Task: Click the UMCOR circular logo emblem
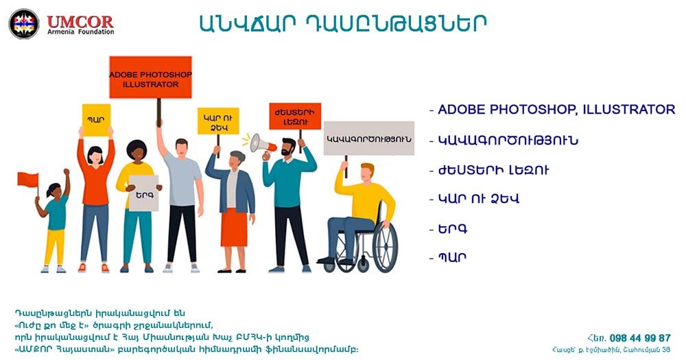click(24, 24)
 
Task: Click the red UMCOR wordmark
click(80, 21)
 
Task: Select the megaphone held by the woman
click(260, 143)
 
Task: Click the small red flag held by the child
click(28, 180)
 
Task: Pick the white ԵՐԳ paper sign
click(143, 193)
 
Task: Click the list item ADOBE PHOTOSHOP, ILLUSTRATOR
click(556, 110)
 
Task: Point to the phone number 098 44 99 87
click(639, 338)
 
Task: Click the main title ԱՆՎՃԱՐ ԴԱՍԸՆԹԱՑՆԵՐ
click(342, 23)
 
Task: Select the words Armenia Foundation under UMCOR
click(80, 33)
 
